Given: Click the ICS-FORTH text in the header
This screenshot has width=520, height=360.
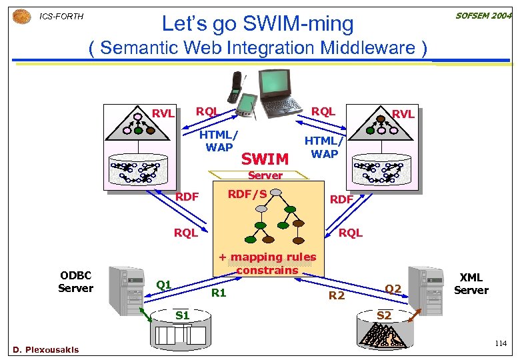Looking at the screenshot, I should pyautogui.click(x=61, y=16).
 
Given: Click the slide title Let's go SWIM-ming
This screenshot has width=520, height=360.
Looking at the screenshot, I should pyautogui.click(x=258, y=24).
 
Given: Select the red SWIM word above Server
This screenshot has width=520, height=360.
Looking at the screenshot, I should pyautogui.click(x=265, y=159).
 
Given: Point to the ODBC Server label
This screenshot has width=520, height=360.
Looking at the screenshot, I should pyautogui.click(x=75, y=281).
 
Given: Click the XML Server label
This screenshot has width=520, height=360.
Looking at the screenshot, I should pyautogui.click(x=471, y=283).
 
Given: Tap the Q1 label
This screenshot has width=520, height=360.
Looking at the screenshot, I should pyautogui.click(x=164, y=285).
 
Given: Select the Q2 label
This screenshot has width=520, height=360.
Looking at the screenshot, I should pyautogui.click(x=393, y=288).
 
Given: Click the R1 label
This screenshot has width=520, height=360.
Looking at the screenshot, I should pyautogui.click(x=219, y=292).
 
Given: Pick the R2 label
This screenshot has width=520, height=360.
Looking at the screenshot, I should pyautogui.click(x=337, y=295).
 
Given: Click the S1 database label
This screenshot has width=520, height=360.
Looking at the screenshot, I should pyautogui.click(x=182, y=315).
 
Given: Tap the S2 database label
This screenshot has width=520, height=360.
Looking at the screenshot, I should pyautogui.click(x=385, y=315).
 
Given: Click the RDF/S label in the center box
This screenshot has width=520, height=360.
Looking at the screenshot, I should pyautogui.click(x=247, y=194).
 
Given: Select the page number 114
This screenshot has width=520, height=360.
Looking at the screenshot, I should pyautogui.click(x=500, y=343).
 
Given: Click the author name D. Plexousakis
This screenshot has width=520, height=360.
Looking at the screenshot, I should pyautogui.click(x=45, y=349).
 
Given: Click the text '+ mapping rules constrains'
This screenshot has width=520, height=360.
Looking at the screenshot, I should pyautogui.click(x=267, y=263).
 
